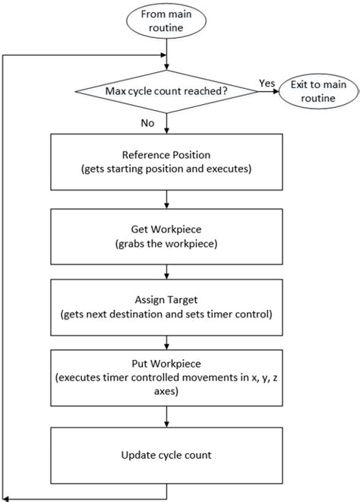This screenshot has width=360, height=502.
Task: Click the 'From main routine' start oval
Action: tap(166, 22)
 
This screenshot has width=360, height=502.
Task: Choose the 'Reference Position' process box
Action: tap(166, 163)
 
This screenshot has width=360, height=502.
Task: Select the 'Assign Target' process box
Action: tap(166, 306)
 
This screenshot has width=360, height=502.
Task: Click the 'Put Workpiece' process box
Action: tap(166, 379)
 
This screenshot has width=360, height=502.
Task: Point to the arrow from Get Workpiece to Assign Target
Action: tap(166, 270)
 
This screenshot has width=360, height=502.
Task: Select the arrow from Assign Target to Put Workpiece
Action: tap(166, 342)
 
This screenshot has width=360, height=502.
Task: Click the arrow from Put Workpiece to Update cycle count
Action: tap(166, 416)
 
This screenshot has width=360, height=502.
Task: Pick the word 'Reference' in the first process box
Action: tap(147, 156)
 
